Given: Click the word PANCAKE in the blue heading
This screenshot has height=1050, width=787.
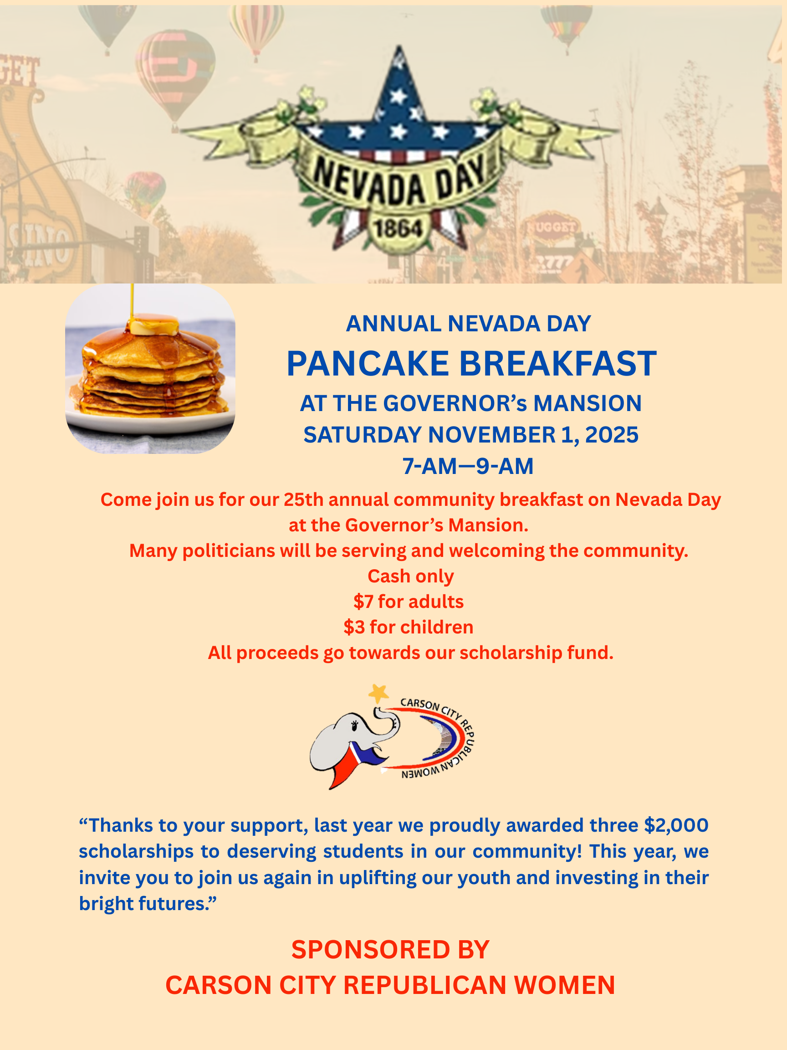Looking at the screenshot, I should (368, 364).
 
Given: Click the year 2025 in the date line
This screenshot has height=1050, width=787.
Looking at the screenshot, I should (612, 435).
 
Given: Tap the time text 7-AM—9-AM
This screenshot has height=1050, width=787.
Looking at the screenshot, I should (468, 466).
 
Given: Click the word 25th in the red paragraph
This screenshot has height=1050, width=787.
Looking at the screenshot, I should (303, 500).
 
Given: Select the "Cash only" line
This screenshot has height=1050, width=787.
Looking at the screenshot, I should (411, 576).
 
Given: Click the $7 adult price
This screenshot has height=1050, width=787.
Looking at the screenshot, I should (363, 602).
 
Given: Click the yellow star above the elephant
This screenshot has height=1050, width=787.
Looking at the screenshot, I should (378, 694).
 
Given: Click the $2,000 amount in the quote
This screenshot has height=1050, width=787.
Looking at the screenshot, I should (675, 825).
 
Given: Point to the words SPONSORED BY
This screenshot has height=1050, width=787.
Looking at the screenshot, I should (390, 950).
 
